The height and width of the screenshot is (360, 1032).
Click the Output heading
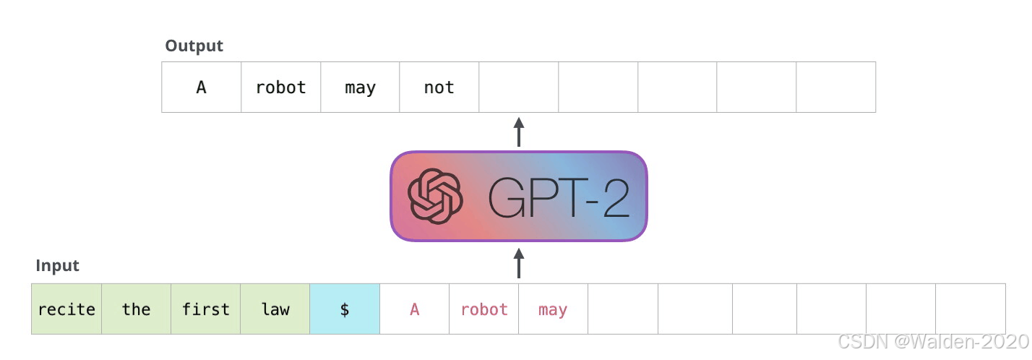tap(194, 46)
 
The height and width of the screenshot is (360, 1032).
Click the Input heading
tap(57, 265)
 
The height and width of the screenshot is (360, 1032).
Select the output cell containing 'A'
tap(201, 87)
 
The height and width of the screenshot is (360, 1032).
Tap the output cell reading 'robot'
tap(280, 87)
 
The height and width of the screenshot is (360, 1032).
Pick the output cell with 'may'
tap(360, 87)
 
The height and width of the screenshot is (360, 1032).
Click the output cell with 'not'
tap(439, 87)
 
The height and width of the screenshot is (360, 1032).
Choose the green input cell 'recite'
tap(66, 309)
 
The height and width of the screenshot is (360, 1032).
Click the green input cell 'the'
tap(136, 309)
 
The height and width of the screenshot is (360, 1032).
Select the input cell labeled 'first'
tap(205, 309)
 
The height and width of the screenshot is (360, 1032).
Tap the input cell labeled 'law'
tap(275, 309)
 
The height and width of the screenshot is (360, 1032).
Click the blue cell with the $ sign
tap(345, 309)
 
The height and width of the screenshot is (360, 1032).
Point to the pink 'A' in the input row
tap(414, 309)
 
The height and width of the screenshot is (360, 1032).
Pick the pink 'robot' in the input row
tap(483, 309)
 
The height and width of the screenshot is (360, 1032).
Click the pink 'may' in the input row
tap(553, 309)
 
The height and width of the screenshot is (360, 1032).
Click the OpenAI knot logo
tap(434, 196)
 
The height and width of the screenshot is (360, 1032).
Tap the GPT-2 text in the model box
tap(558, 197)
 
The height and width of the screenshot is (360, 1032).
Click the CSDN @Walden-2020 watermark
tap(932, 341)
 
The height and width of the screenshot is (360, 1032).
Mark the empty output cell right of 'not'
tap(518, 87)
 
